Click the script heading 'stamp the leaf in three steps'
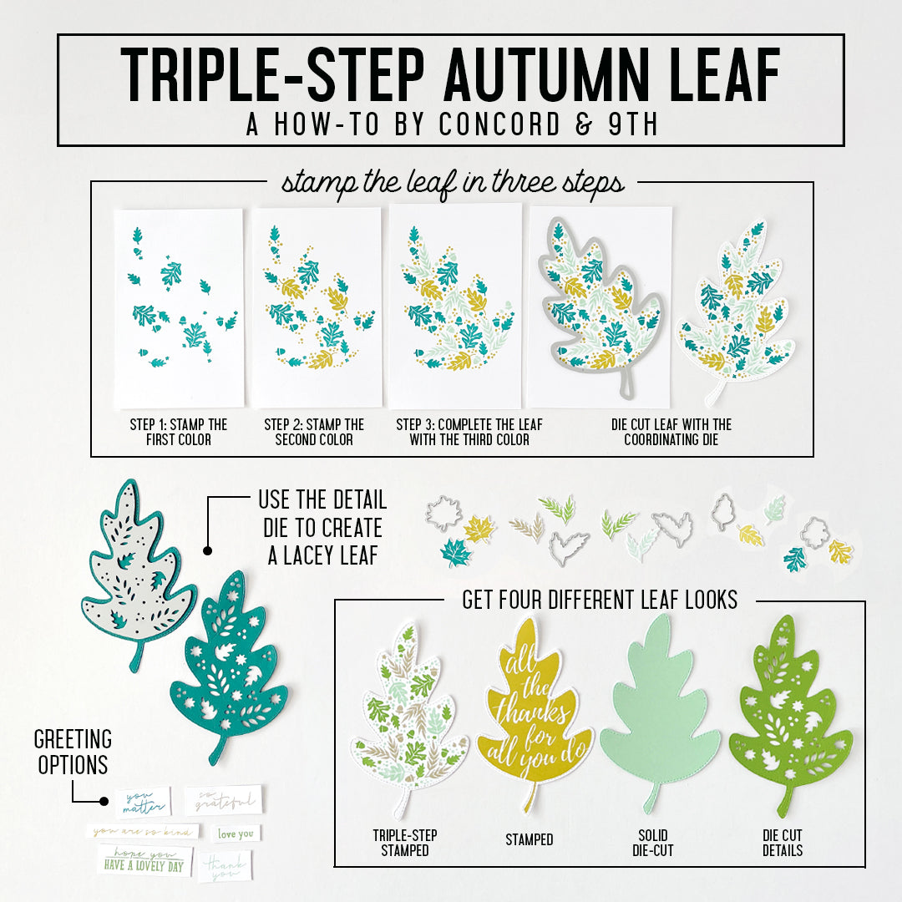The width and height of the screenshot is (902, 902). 452,182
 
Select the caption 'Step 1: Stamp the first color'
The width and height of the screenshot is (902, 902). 178,432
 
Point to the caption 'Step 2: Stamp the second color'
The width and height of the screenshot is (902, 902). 314,432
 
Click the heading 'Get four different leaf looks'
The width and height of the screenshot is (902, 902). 600,599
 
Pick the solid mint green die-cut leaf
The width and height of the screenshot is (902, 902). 660,714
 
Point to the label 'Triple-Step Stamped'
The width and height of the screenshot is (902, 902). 405,843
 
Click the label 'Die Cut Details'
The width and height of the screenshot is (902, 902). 783,843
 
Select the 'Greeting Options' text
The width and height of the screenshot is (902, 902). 73,752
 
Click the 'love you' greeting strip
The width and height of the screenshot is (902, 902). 236,834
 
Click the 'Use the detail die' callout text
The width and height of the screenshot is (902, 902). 322,528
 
